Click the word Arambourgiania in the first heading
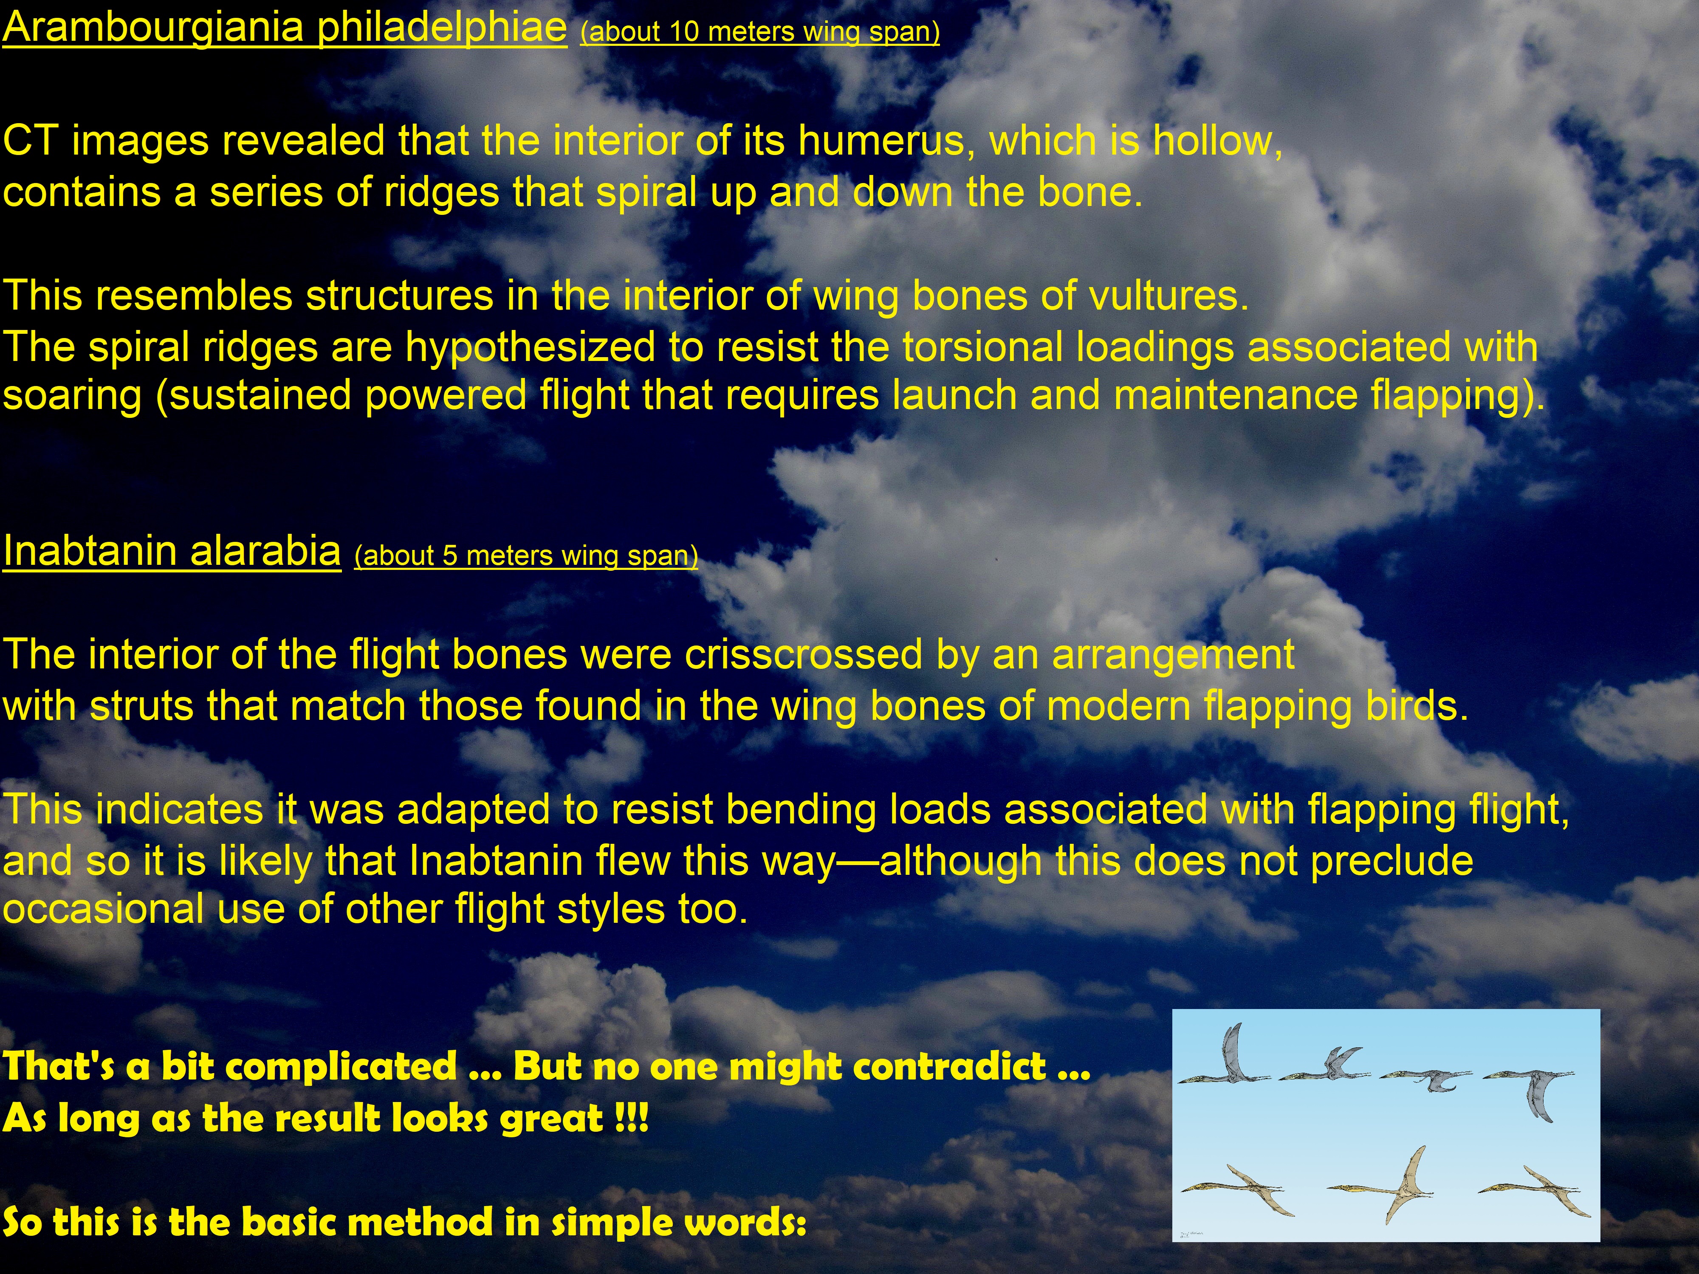tap(154, 28)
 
